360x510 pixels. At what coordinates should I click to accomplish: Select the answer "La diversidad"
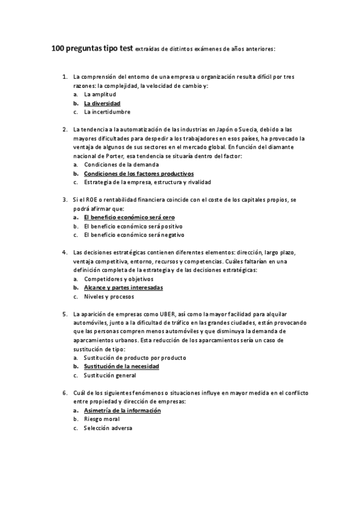102,103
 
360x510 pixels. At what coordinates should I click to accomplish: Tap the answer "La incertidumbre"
107,112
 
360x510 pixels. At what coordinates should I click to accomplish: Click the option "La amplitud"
100,95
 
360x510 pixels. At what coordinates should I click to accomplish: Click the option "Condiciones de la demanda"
121,164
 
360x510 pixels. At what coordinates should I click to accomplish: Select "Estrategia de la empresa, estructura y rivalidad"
147,182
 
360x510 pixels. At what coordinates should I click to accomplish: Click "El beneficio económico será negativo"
134,235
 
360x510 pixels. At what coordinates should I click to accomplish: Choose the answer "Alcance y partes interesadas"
123,287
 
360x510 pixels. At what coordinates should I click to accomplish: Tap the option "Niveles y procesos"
109,296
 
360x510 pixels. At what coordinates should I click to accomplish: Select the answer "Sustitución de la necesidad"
121,366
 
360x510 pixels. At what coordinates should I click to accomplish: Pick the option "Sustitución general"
110,375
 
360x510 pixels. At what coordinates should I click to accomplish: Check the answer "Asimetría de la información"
123,410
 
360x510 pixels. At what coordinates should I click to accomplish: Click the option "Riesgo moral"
102,419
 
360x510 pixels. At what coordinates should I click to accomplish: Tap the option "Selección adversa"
108,428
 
